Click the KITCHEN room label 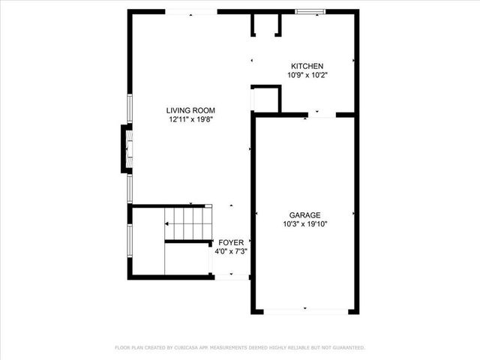click(x=305, y=66)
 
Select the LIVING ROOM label click(x=190, y=110)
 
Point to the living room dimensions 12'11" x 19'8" click(x=190, y=119)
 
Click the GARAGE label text click(x=305, y=214)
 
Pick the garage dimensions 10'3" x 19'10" click(x=305, y=223)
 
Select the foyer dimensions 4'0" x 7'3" click(x=232, y=251)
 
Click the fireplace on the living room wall click(x=127, y=148)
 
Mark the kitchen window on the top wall click(x=310, y=12)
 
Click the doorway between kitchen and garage click(x=322, y=114)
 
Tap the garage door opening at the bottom click(x=305, y=310)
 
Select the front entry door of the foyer click(x=231, y=277)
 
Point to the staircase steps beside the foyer click(x=188, y=223)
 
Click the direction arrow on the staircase click(x=192, y=205)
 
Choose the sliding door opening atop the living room click(x=191, y=12)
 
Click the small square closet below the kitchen click(x=265, y=99)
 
